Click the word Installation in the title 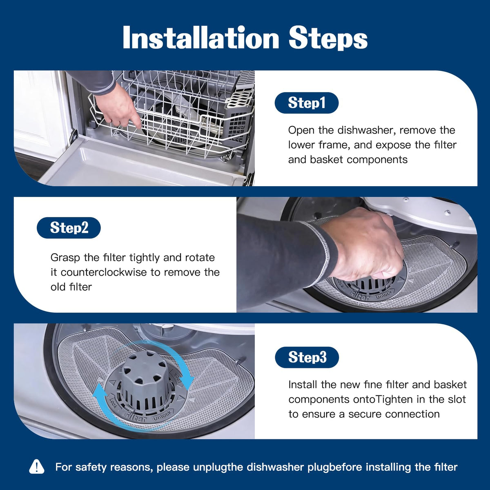[x=201, y=38]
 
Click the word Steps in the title [x=328, y=38]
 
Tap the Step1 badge [x=306, y=103]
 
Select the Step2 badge [x=69, y=227]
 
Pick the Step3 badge [x=307, y=357]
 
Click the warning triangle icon [x=37, y=467]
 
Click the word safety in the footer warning [x=91, y=467]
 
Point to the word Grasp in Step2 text [x=66, y=258]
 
